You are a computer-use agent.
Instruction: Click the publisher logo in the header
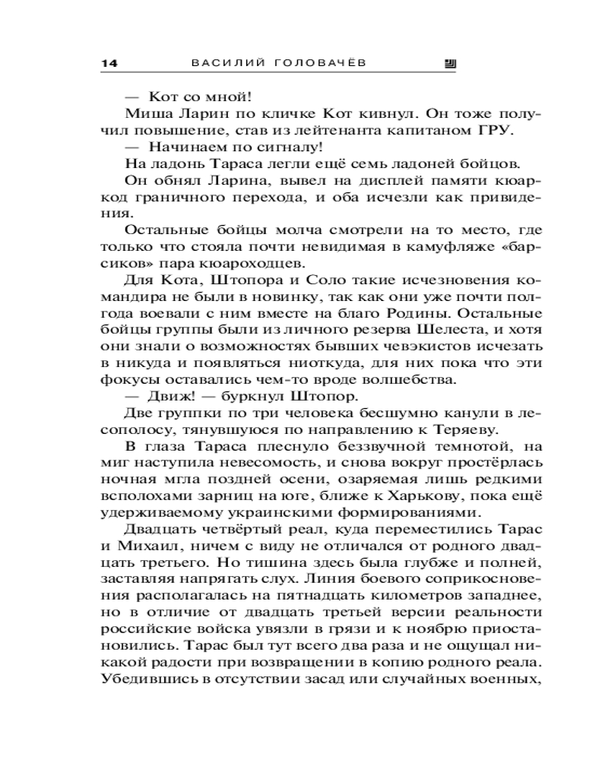[449, 65]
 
